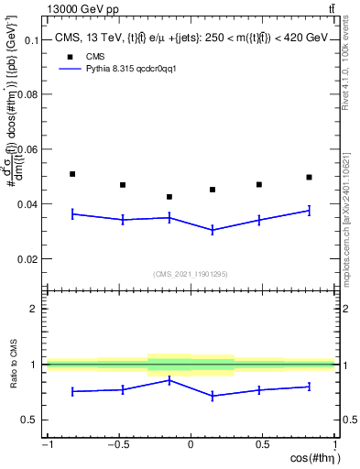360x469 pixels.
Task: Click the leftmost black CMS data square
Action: click(x=72, y=174)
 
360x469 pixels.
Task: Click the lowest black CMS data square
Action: click(x=169, y=197)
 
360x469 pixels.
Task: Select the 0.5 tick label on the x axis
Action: click(x=263, y=444)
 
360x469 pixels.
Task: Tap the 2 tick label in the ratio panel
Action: click(x=38, y=310)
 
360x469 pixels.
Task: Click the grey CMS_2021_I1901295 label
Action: click(x=190, y=274)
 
